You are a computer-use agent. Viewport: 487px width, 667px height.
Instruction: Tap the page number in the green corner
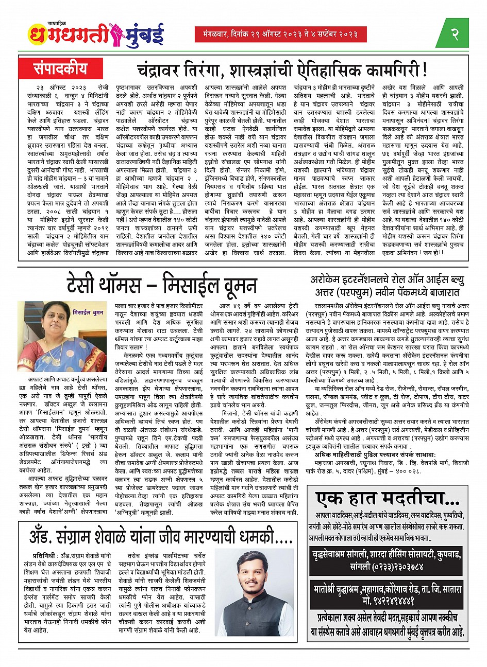click(x=454, y=34)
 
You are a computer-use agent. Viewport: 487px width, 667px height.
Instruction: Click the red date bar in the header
click(x=281, y=34)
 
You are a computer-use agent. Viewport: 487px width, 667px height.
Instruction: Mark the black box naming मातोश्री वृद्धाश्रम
click(x=388, y=594)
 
